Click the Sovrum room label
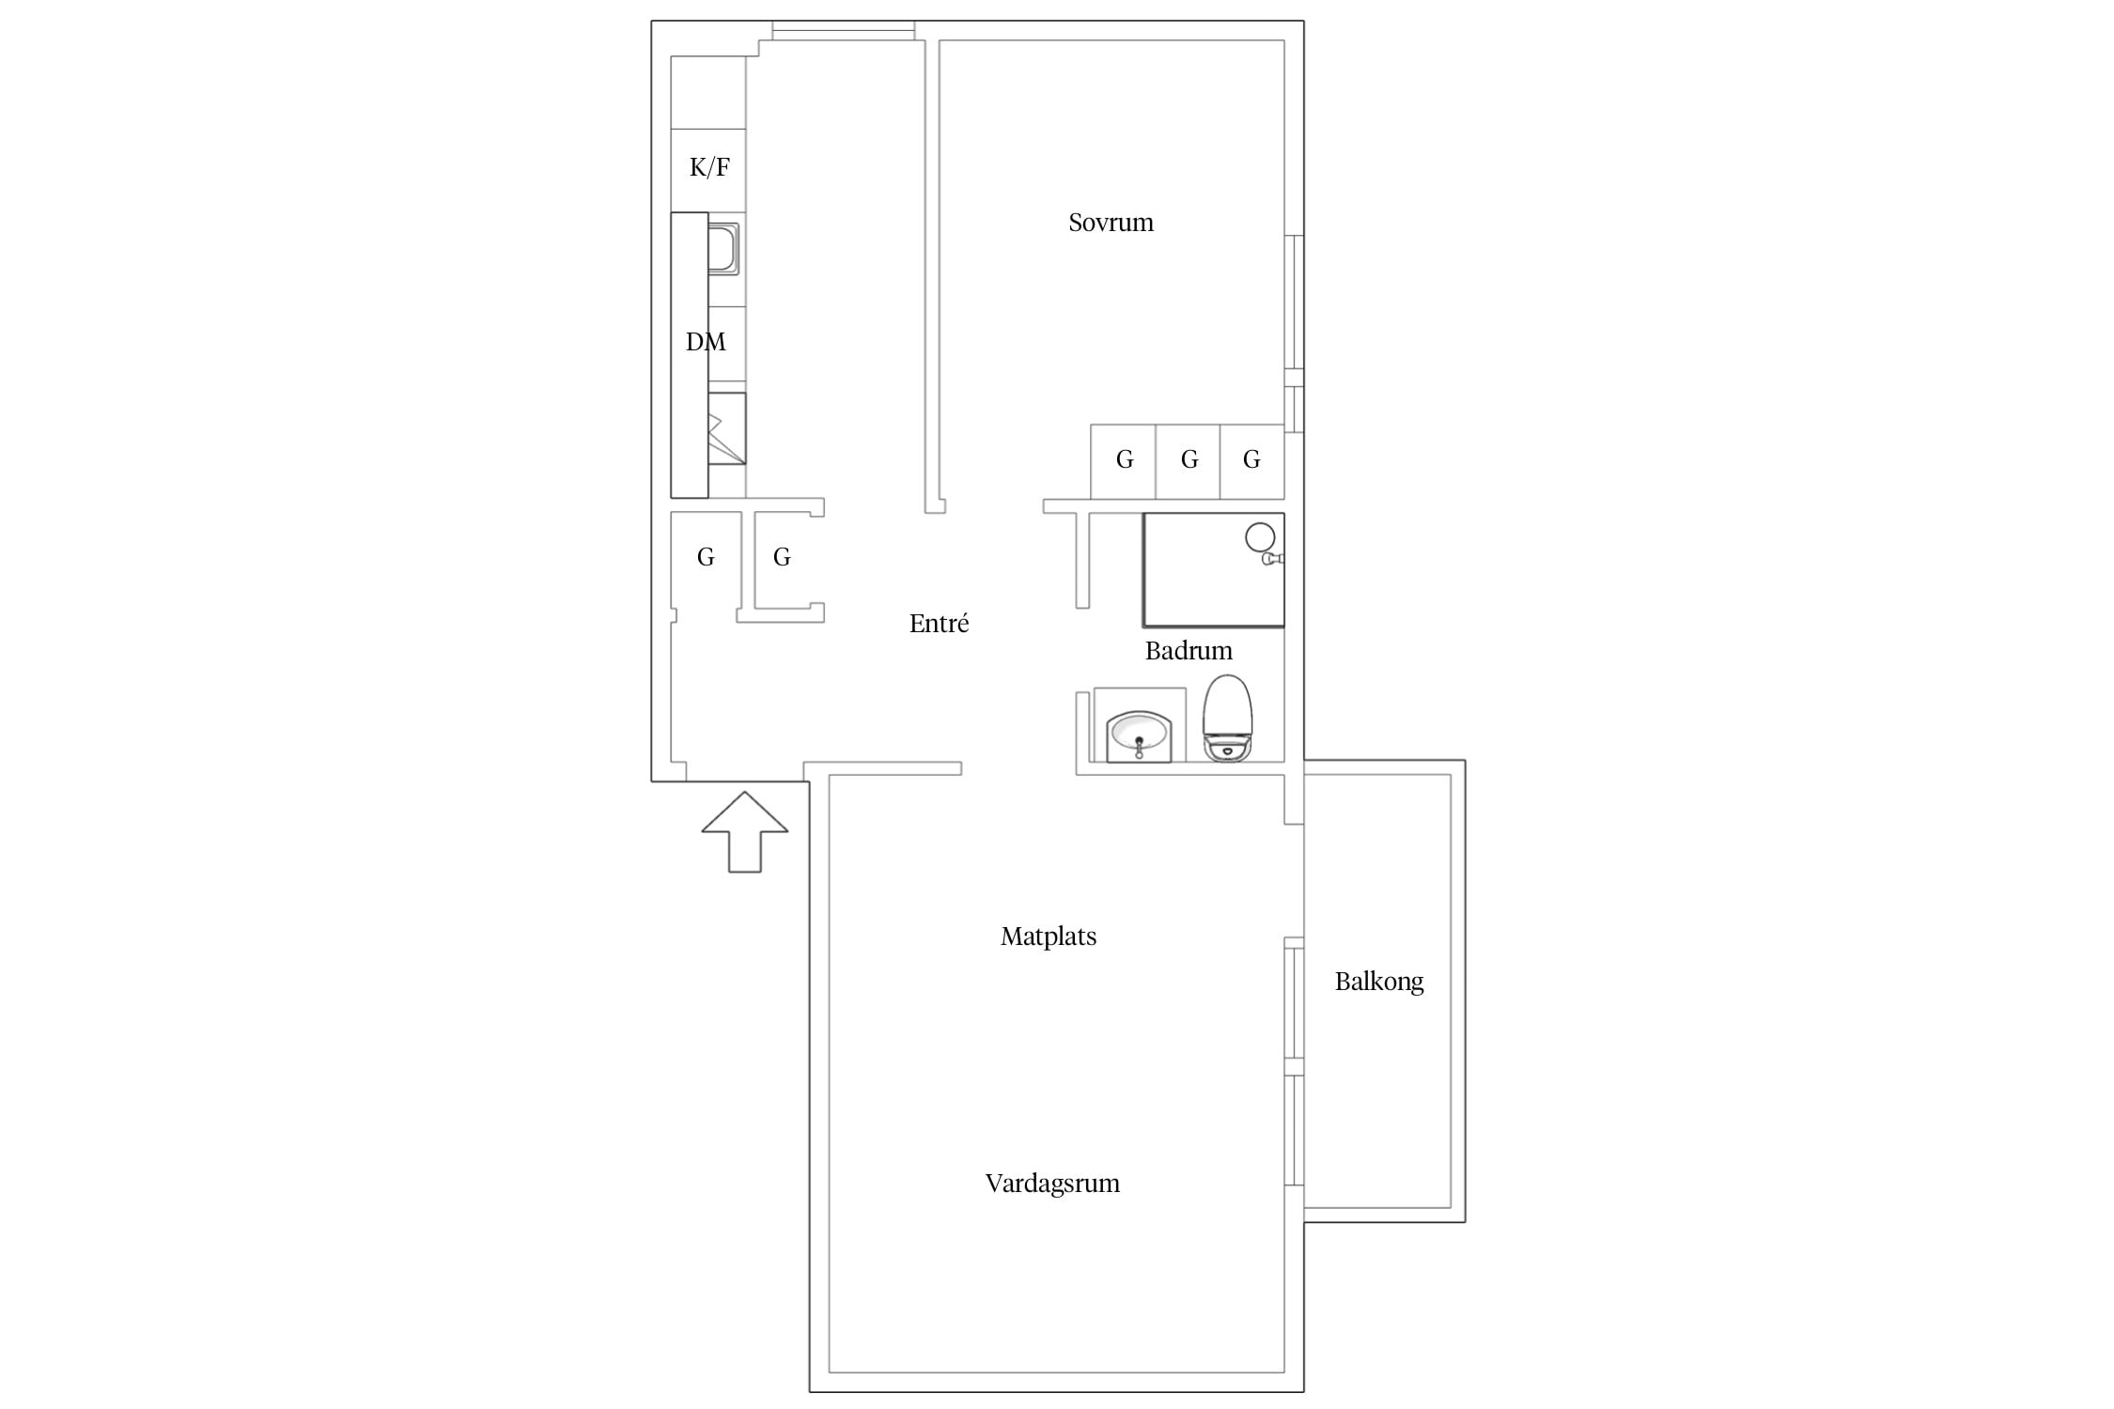[1111, 223]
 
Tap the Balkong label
[1379, 983]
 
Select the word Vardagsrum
[1052, 1184]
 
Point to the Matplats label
[1049, 937]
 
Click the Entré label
[939, 623]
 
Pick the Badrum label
[1189, 651]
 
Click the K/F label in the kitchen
[709, 167]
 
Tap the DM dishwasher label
[706, 342]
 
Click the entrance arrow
[745, 831]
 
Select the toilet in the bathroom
[1228, 718]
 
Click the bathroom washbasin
[1139, 736]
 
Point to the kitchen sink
[723, 249]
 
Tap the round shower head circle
[1260, 537]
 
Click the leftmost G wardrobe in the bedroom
[1124, 461]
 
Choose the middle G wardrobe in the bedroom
[1189, 461]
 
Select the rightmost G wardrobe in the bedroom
[1252, 461]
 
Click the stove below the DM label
[727, 428]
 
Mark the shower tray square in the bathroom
[1213, 569]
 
